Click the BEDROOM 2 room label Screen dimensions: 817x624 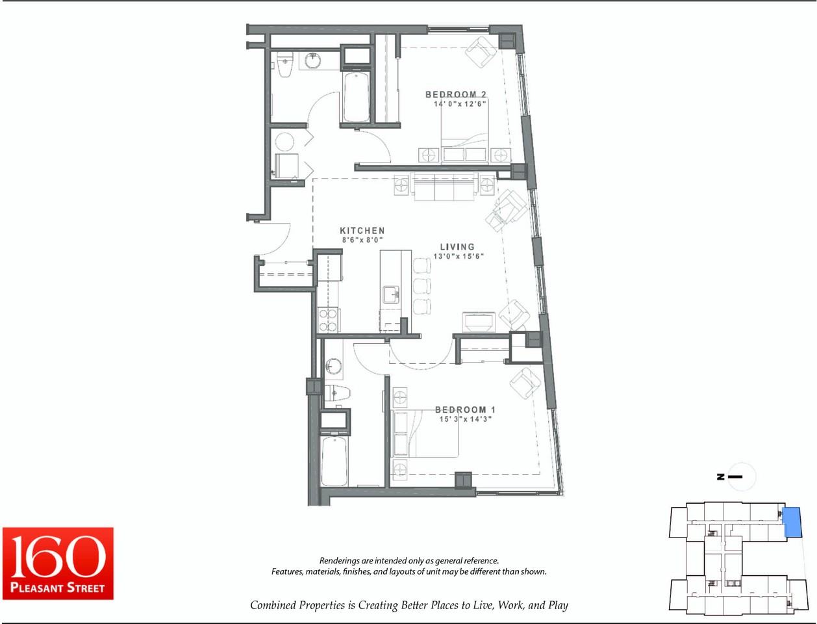pos(455,95)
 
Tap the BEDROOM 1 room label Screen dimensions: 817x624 pos(465,409)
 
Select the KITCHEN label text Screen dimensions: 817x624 pos(362,231)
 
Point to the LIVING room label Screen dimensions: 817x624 pos(457,246)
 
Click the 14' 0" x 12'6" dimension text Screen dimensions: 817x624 pos(460,104)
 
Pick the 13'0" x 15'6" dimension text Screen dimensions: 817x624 pos(459,256)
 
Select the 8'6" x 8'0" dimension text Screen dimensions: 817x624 pos(362,240)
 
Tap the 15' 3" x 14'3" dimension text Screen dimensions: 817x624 pos(465,419)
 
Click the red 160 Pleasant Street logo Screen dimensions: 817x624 pos(58,564)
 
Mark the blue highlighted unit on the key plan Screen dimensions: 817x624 pos(792,521)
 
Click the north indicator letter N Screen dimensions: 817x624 pos(720,476)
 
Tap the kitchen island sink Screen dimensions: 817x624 pos(391,294)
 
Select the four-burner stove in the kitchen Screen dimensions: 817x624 pos(328,320)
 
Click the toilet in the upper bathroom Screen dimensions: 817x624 pos(284,64)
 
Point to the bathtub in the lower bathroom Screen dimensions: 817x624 pos(334,461)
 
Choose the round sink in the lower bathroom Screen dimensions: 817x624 pos(333,365)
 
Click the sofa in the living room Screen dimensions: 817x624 pos(444,187)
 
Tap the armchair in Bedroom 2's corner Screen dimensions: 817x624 pos(481,52)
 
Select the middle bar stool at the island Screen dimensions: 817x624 pos(422,286)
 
